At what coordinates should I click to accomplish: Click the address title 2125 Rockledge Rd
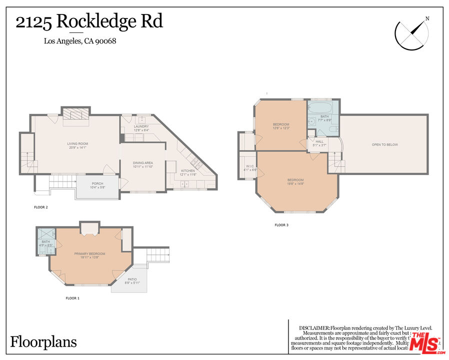click(x=89, y=22)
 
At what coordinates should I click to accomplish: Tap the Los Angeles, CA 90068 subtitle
click(x=80, y=41)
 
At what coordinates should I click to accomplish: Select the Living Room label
click(x=77, y=145)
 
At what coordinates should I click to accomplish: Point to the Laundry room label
click(x=141, y=128)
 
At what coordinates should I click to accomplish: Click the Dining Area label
click(x=142, y=164)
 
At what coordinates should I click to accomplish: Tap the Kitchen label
click(x=188, y=172)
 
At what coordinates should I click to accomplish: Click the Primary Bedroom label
click(x=89, y=255)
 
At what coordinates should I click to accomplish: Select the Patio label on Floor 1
click(x=132, y=281)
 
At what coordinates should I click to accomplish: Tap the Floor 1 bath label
click(x=46, y=243)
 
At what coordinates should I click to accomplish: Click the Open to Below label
click(x=384, y=145)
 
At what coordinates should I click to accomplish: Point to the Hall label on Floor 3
click(x=319, y=143)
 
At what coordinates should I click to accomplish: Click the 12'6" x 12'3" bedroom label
click(x=281, y=126)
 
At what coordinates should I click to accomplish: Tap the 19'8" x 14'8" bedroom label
click(x=295, y=181)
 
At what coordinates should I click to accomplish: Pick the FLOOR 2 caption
click(x=40, y=207)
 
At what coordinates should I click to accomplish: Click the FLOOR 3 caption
click(x=281, y=225)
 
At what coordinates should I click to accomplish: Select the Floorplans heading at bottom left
click(x=44, y=342)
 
